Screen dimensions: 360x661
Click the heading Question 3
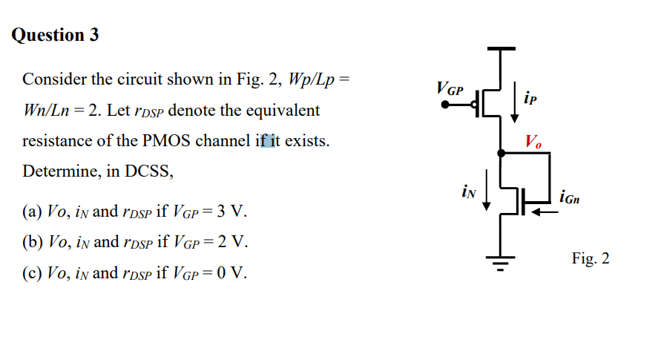pyautogui.click(x=56, y=35)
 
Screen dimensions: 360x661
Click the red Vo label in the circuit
pyautogui.click(x=533, y=141)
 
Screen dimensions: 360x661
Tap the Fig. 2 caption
pyautogui.click(x=591, y=258)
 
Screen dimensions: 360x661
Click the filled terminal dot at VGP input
pyautogui.click(x=445, y=105)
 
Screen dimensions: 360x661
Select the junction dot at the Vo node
pyautogui.click(x=501, y=153)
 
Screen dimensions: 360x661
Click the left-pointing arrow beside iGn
pyautogui.click(x=545, y=210)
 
